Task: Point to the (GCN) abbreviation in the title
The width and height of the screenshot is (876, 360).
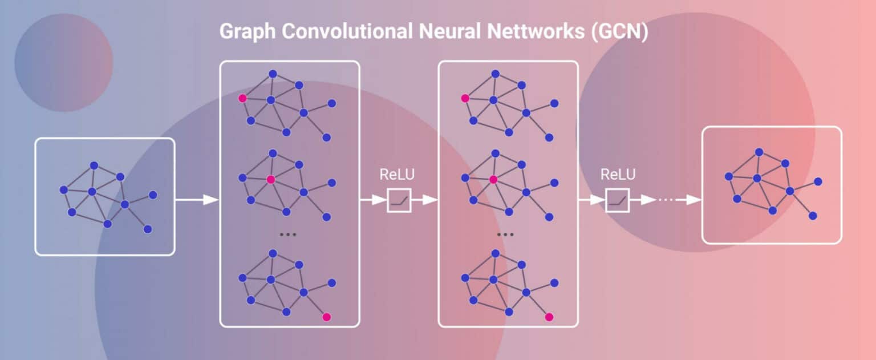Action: (619, 32)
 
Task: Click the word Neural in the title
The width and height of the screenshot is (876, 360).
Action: (449, 32)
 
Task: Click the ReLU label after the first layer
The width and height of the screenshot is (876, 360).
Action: (398, 175)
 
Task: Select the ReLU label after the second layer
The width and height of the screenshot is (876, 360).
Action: (618, 175)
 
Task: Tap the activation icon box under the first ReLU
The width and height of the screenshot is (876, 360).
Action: (399, 200)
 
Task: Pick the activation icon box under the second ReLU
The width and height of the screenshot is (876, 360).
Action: (618, 200)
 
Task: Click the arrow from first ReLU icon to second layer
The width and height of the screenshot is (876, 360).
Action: (424, 200)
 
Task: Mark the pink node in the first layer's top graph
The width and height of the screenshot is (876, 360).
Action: (242, 98)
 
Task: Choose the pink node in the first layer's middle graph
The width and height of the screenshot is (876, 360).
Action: (271, 179)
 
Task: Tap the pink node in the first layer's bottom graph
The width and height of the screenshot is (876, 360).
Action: (326, 317)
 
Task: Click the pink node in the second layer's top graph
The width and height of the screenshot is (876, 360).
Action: (465, 98)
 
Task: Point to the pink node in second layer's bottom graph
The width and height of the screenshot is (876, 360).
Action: (549, 317)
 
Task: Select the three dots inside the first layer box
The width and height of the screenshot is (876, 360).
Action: (287, 234)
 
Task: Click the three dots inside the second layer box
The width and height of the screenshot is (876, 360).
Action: (505, 234)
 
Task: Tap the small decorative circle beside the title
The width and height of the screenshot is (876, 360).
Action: (63, 62)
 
